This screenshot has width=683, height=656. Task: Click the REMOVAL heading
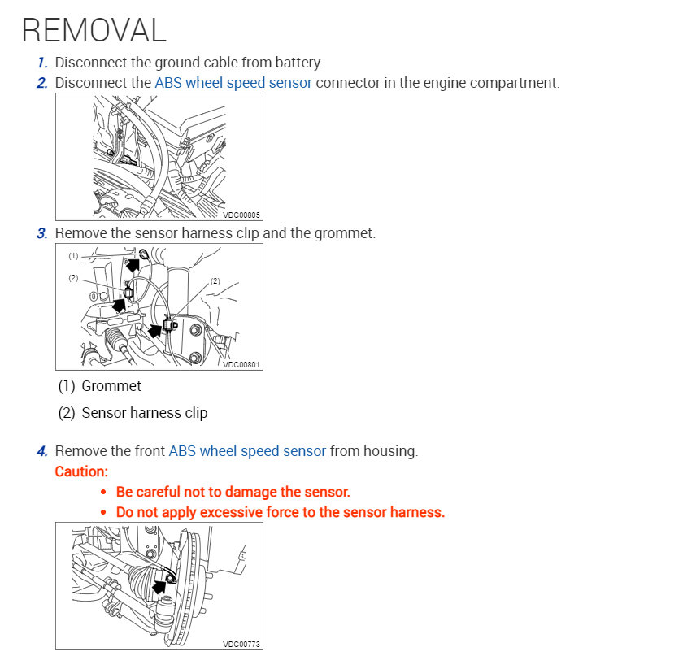(x=94, y=29)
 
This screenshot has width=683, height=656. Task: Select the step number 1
(x=42, y=62)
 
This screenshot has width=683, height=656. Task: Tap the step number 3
(x=42, y=233)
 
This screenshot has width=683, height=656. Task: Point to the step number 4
(x=42, y=451)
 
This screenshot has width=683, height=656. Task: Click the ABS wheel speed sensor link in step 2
(x=233, y=83)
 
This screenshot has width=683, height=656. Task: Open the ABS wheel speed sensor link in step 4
(x=247, y=451)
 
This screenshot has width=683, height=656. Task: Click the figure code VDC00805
(x=242, y=215)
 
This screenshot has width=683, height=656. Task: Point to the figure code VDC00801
(x=242, y=365)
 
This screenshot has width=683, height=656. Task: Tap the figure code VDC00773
(x=242, y=644)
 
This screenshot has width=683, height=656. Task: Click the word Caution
(x=81, y=471)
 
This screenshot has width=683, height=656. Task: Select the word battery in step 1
(x=298, y=62)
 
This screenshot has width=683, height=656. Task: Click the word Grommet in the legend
(x=111, y=386)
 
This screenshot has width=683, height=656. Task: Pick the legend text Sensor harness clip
(x=145, y=413)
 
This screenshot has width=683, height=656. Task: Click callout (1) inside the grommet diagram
(x=73, y=255)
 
